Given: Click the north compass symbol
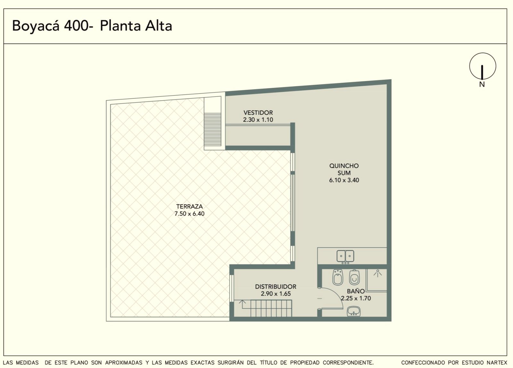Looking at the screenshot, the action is click(x=483, y=66).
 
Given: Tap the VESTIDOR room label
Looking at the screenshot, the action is click(x=258, y=113).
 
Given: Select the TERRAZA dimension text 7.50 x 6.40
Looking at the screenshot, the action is click(x=189, y=214).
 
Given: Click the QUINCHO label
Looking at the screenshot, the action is click(x=344, y=166).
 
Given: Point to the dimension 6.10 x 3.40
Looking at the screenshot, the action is click(x=344, y=180).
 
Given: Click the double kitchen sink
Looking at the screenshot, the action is click(x=345, y=256).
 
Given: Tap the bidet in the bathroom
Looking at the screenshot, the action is click(x=338, y=277).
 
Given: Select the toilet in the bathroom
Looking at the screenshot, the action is click(x=354, y=277).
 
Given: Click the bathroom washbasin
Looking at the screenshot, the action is click(x=354, y=311).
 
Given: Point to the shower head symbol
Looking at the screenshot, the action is click(x=377, y=273).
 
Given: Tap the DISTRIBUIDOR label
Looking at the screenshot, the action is click(x=276, y=287).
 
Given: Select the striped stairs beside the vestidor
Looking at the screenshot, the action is click(x=213, y=129).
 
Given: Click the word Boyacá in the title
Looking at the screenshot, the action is click(x=36, y=26).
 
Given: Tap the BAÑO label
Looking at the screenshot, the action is click(x=356, y=291).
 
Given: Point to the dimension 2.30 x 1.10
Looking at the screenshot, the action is click(x=258, y=120).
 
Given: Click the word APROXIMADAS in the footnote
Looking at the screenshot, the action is click(x=124, y=363).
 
